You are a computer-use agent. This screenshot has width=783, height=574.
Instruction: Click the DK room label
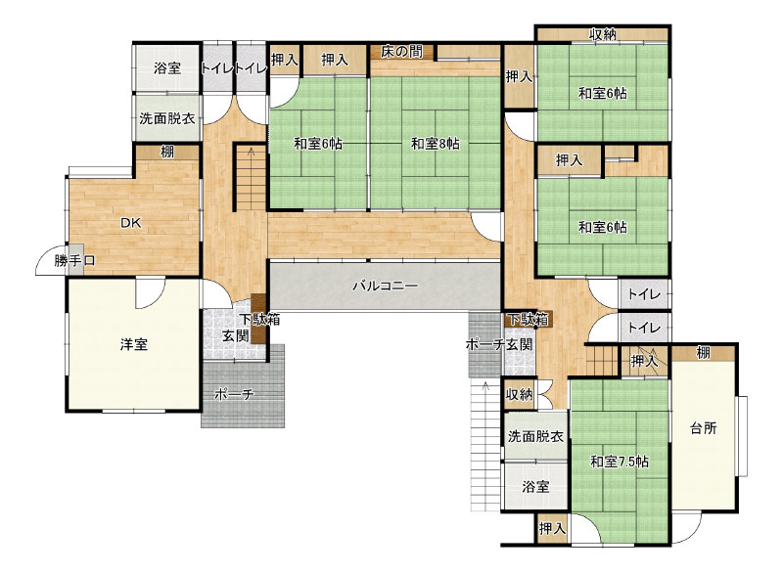[x=131, y=223]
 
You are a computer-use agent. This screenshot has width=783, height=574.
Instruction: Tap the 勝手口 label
[x=75, y=261]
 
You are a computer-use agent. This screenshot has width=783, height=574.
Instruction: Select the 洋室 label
[x=134, y=344]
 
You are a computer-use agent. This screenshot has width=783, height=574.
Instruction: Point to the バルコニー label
[x=385, y=287]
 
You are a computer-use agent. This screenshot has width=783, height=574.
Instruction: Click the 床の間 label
[x=402, y=52]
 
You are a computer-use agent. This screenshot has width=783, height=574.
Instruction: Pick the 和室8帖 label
[x=436, y=144]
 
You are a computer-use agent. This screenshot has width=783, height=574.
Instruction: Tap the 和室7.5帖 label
[x=620, y=462]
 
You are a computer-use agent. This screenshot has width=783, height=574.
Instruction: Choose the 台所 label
[x=704, y=428]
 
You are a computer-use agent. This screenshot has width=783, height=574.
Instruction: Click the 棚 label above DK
[x=166, y=152]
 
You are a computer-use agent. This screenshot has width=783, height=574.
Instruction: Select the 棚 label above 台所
[x=703, y=353]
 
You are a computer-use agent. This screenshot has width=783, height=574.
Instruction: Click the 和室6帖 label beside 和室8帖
[x=318, y=144]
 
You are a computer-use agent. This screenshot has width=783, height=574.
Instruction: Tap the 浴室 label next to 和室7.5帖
[x=535, y=487]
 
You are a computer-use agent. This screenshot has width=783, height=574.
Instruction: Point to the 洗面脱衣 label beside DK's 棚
[x=167, y=118]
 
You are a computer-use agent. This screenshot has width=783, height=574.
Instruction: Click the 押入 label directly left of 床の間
[x=335, y=60]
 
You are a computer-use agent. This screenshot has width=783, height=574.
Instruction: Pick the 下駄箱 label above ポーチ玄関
[x=529, y=319]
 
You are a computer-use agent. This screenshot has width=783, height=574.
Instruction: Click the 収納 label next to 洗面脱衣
[x=520, y=394]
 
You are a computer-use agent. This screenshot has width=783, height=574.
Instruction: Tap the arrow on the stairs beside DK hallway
[x=251, y=153]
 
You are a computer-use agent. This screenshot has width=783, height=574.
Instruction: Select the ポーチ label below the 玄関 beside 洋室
[x=234, y=395]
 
